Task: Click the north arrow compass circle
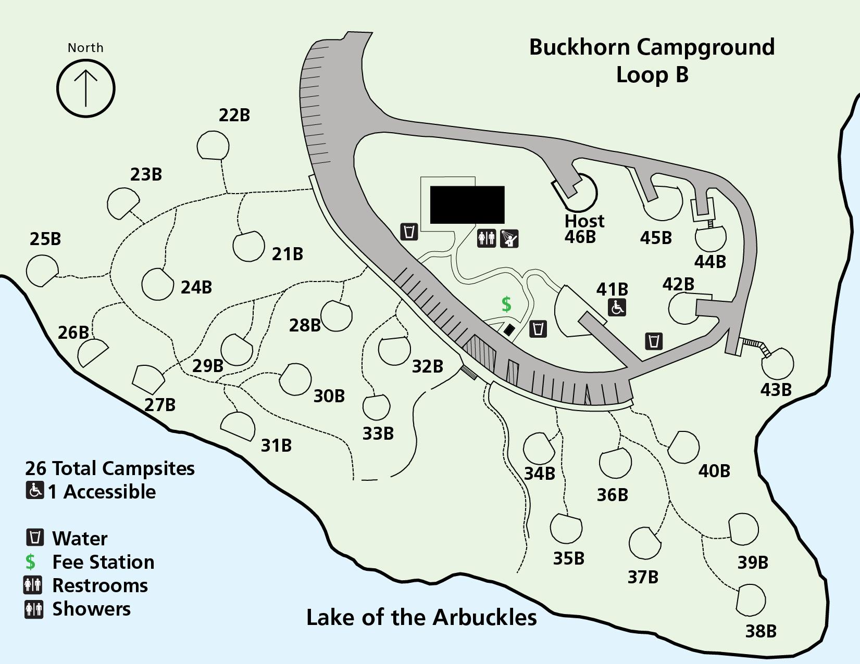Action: coord(86,88)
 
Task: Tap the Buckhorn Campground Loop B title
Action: coord(652,60)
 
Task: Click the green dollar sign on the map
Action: coord(506,304)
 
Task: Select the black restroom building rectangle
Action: coord(467,205)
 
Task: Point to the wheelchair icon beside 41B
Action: coord(617,308)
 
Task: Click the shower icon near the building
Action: coord(509,239)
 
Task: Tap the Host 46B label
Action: coord(584,228)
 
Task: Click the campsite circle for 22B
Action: coord(213,145)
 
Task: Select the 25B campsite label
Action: coord(45,239)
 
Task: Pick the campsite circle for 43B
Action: coord(777,364)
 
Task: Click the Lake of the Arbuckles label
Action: coord(421,617)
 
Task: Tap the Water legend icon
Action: coord(35,537)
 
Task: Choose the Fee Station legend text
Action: coord(103,562)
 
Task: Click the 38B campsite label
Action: coord(761,631)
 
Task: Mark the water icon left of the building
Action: coord(409,232)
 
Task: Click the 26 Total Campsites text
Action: coord(110,468)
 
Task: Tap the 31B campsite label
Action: coord(276,445)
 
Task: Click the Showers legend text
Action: coord(91,609)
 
